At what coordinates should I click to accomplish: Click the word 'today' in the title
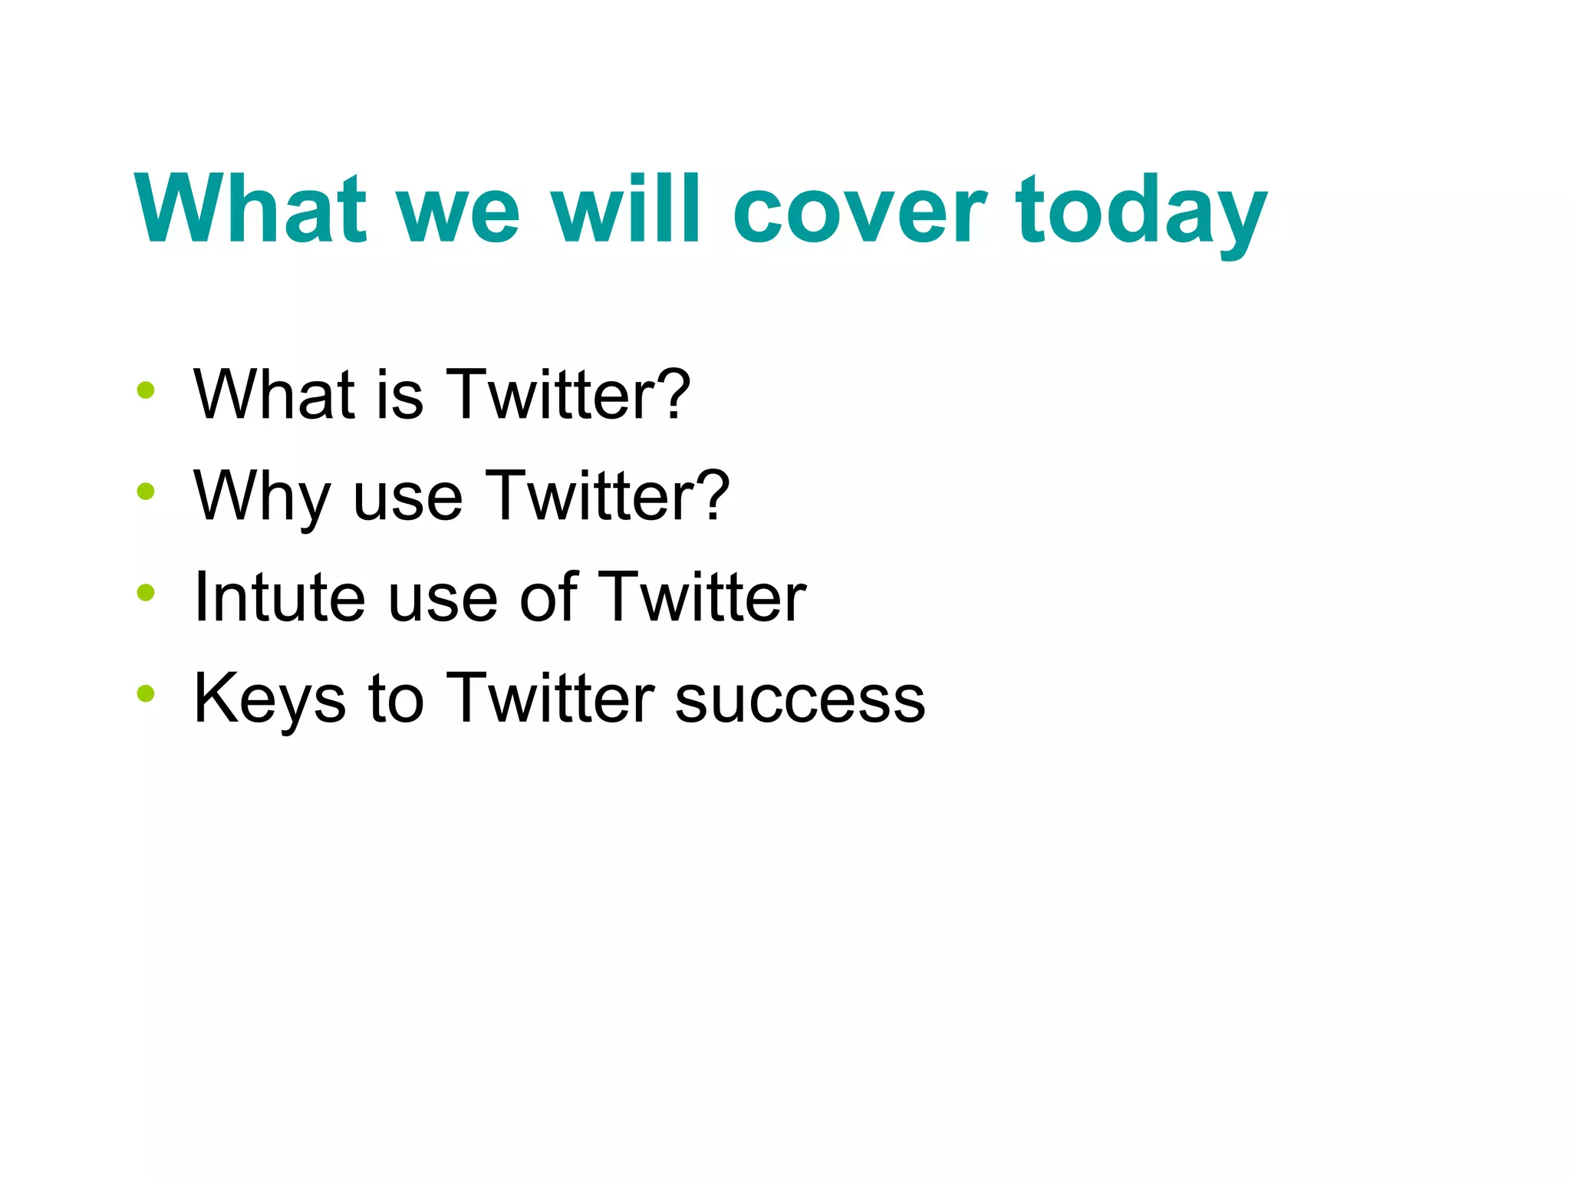pos(1141,211)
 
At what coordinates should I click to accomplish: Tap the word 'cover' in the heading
pos(859,211)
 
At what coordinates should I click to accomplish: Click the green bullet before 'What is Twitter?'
pos(145,390)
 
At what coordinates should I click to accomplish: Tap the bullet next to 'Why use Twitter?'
pos(145,491)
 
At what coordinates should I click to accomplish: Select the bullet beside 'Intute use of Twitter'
pos(145,592)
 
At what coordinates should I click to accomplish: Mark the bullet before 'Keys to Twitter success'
pos(145,693)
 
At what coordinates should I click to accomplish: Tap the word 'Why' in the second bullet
pos(261,497)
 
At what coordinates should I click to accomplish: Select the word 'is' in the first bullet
pos(400,395)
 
